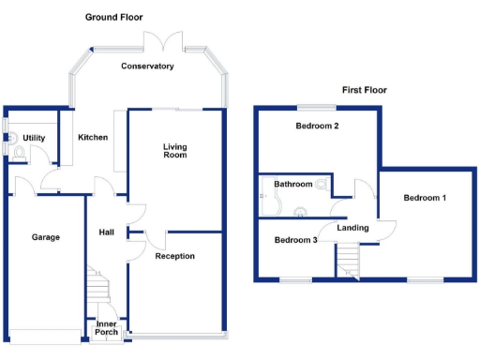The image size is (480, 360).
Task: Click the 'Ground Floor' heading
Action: [x=113, y=17]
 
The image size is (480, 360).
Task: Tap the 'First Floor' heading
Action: [x=364, y=90]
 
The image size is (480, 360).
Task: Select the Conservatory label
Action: [x=147, y=67]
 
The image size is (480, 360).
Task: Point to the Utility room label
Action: [x=34, y=138]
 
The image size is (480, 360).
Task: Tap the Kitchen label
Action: [x=93, y=138]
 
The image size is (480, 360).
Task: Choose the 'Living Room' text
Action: [x=174, y=150]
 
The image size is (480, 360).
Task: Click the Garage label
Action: [x=45, y=237]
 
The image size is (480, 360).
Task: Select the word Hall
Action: [x=106, y=232]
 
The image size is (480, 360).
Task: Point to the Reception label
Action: [x=174, y=256]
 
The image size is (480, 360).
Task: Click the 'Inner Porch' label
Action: [x=106, y=329]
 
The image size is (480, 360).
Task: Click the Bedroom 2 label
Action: [x=316, y=126]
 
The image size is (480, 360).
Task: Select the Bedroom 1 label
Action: [x=425, y=198]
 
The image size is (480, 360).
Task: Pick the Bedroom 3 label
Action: [x=295, y=240]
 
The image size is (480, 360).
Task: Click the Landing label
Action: [x=352, y=227]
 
